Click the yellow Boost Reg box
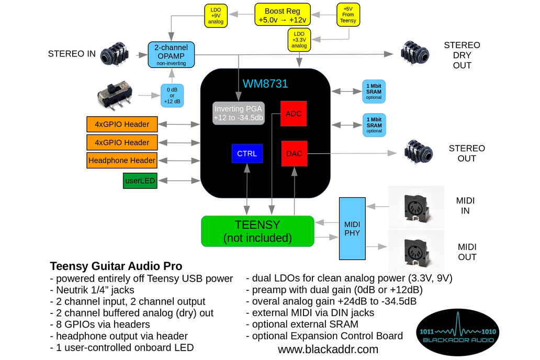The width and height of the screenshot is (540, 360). click(x=282, y=15)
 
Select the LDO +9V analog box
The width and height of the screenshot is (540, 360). click(x=216, y=15)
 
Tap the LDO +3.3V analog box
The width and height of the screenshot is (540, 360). click(x=299, y=39)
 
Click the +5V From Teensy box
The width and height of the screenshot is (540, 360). click(x=348, y=15)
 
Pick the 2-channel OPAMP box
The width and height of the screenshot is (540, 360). click(x=171, y=54)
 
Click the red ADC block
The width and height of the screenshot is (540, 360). click(x=294, y=114)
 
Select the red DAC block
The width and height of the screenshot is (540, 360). click(x=294, y=154)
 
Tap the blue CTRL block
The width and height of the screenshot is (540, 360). click(x=247, y=154)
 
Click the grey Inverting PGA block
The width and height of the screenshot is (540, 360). click(x=239, y=113)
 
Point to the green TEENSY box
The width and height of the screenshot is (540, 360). click(x=257, y=231)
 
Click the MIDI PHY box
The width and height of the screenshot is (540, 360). click(x=352, y=229)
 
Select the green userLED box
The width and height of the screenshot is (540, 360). click(x=139, y=181)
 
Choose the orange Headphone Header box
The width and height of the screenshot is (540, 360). click(x=122, y=161)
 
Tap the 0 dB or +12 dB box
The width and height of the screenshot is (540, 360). click(x=172, y=95)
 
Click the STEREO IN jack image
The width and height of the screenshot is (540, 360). click(x=114, y=54)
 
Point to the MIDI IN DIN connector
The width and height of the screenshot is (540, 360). click(x=417, y=207)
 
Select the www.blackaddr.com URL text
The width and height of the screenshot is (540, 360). click(x=328, y=349)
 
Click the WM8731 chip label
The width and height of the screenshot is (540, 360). click(x=265, y=84)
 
